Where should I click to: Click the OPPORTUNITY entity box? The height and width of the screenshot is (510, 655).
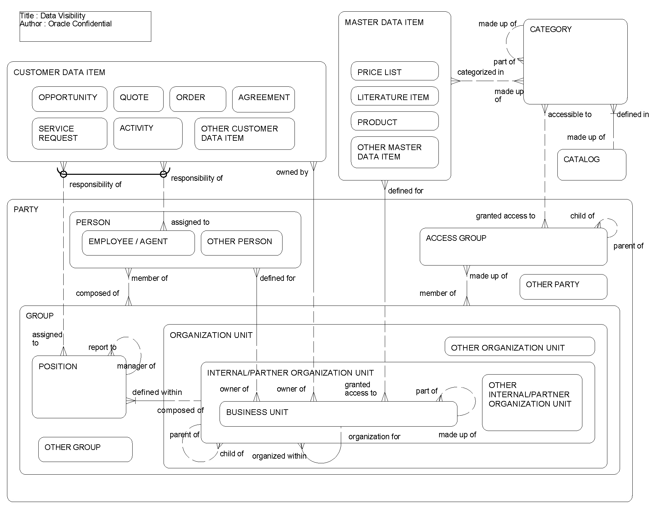69,99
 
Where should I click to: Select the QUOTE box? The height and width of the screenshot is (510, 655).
138,99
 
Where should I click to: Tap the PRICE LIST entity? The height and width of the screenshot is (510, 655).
394,71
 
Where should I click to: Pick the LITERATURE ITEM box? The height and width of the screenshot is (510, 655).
394,96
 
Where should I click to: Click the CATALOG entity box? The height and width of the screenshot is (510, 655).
591,164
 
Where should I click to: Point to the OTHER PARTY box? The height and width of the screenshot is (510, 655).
563,287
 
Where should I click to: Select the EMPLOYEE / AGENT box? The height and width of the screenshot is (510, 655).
138,243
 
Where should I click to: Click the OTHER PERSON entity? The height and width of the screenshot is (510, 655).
241,243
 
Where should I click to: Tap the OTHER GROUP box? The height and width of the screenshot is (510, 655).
85,449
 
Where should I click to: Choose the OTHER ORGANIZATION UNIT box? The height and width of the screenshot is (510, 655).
519,347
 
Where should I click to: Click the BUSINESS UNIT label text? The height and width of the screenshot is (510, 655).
257,412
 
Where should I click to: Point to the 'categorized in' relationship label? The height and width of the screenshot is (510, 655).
480,72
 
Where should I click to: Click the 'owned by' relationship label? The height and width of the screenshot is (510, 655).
292,172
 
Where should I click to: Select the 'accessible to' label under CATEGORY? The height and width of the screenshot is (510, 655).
569,114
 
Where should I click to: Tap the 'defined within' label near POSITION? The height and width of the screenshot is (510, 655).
157,392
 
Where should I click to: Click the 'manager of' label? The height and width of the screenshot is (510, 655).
136,366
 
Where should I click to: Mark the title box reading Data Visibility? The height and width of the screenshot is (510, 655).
85,26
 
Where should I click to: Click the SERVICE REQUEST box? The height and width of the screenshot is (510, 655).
69,133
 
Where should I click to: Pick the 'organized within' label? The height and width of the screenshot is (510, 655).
279,456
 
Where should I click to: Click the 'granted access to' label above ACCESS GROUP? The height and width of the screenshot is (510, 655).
505,216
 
